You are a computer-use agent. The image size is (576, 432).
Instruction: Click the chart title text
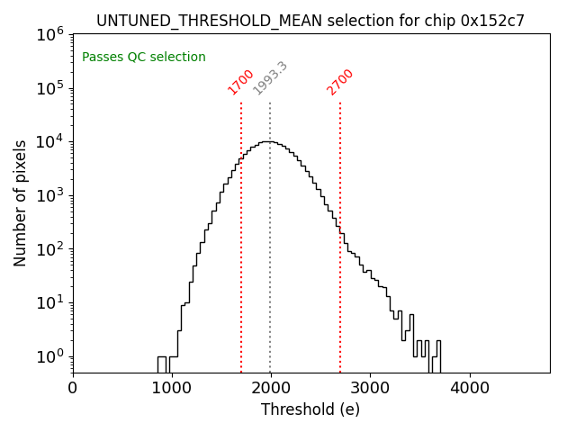(310, 20)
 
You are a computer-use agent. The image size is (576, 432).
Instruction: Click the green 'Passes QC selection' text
(144, 58)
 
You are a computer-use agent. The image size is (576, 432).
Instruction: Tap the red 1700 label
(240, 82)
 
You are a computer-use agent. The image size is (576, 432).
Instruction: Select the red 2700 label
(340, 82)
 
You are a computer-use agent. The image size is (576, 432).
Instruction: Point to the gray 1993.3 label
(270, 78)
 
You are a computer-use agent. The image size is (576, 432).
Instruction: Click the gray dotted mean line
(270, 270)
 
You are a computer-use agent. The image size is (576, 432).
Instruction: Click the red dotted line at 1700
(241, 270)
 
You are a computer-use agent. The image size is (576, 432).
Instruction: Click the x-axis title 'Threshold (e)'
(310, 410)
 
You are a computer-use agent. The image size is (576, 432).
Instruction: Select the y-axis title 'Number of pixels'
(20, 202)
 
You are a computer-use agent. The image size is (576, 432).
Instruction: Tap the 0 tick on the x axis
(73, 388)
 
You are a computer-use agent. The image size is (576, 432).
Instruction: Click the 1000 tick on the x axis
(172, 388)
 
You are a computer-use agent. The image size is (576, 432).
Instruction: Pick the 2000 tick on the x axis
(271, 388)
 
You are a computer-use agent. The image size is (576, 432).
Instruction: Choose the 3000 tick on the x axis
(370, 388)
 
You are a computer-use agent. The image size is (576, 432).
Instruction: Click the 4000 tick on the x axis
(469, 388)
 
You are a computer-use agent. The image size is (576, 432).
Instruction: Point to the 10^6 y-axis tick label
(49, 34)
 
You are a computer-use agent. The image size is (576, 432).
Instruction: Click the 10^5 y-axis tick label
(49, 88)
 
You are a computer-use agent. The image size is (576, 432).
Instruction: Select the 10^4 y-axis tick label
(49, 141)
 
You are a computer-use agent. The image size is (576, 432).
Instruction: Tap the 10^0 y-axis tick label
(49, 356)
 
